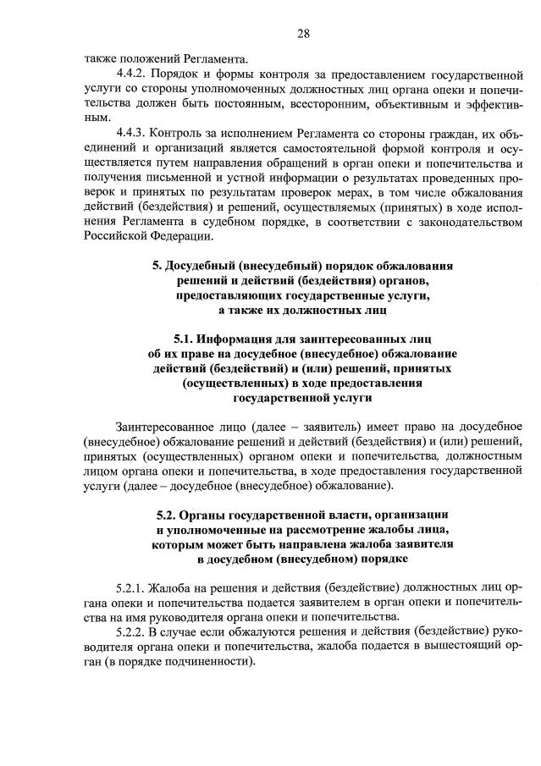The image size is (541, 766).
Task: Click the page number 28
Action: [x=303, y=34]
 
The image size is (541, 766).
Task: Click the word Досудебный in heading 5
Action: [x=204, y=265]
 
